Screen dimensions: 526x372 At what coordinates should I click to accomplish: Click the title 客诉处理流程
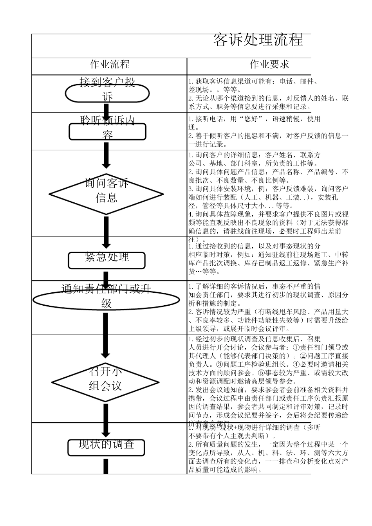(x=258, y=40)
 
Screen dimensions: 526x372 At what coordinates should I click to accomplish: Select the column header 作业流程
(x=110, y=64)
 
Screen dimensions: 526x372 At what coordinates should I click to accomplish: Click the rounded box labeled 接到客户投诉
(x=107, y=93)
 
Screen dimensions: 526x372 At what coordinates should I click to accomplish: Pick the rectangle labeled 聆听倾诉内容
(x=107, y=131)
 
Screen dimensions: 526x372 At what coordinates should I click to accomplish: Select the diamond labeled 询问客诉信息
(x=107, y=194)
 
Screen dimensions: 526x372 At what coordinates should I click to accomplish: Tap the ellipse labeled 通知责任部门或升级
(x=106, y=300)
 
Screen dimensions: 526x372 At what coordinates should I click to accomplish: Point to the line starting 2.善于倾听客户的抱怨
(x=268, y=136)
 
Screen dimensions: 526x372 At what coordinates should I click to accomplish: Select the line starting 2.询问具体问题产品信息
(x=268, y=172)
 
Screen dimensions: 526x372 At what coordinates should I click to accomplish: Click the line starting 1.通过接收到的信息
(x=255, y=246)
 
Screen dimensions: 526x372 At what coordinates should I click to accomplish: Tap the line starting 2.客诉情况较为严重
(x=268, y=312)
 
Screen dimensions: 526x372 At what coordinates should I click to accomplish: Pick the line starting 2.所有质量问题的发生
(x=268, y=444)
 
